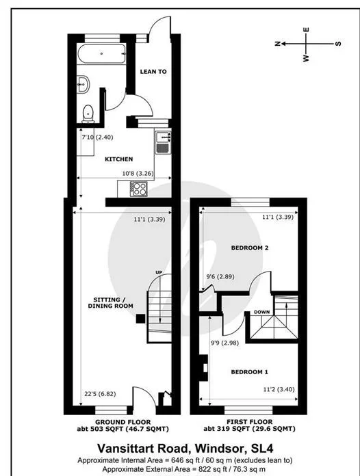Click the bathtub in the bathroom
(101, 53)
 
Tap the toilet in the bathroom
(88, 114)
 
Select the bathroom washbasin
(83, 84)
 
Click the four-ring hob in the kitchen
(138, 189)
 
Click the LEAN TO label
(153, 72)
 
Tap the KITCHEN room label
(119, 159)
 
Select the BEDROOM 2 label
(250, 248)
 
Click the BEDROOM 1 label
(249, 372)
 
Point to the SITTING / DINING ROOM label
(111, 303)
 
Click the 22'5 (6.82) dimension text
(100, 394)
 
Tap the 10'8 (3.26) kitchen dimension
(138, 174)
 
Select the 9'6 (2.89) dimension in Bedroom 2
(220, 276)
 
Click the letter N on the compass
(277, 44)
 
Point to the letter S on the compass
(338, 44)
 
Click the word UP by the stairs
(159, 272)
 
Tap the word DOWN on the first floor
(261, 312)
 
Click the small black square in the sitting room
(140, 319)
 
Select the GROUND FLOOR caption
(123, 422)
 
